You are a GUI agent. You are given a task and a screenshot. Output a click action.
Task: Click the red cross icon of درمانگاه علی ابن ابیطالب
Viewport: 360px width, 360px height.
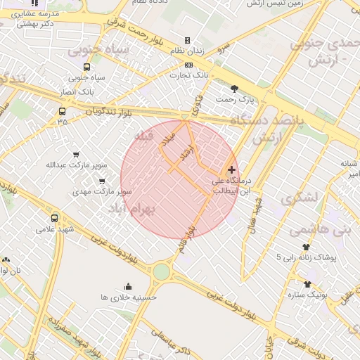232,169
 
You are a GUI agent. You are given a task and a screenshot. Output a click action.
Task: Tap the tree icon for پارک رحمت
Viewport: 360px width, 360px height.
234,89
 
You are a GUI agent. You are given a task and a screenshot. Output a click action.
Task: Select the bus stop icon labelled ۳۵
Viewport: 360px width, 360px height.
63,111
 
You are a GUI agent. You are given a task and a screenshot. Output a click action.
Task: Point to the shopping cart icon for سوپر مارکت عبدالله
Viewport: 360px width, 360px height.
77,155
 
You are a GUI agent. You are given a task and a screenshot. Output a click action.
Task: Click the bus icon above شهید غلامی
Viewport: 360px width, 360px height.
55,218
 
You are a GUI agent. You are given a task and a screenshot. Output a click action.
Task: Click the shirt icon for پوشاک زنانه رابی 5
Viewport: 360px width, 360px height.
306,247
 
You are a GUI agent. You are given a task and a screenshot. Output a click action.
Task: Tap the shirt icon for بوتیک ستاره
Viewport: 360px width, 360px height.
307,284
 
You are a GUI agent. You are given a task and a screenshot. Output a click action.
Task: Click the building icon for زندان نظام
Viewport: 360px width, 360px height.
187,40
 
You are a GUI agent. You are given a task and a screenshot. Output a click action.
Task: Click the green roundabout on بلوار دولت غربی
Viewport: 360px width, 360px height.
162,271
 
